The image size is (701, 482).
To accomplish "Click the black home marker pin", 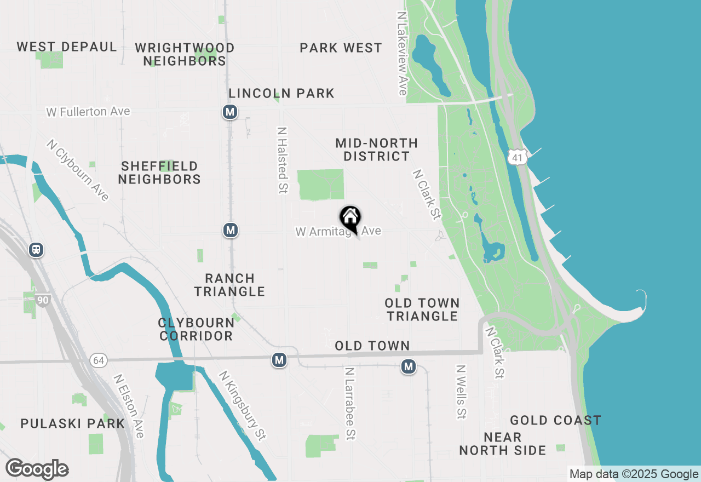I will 350,218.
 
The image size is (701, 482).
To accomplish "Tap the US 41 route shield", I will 517,157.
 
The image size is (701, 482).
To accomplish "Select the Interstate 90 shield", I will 44,300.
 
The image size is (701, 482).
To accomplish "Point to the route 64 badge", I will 99,360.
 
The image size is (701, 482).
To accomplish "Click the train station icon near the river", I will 36,250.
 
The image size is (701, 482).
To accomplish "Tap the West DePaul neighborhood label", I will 67,47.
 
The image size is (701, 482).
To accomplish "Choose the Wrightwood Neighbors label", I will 185,54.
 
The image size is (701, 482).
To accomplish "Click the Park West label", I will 341,48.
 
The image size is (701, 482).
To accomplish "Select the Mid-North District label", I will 376,150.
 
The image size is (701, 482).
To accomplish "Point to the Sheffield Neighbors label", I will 159,173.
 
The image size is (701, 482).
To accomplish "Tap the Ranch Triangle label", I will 229,285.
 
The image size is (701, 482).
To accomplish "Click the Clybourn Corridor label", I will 196,329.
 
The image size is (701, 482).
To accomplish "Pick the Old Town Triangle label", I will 422,309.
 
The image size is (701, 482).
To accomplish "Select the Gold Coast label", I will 555,420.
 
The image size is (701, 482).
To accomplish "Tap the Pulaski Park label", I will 73,423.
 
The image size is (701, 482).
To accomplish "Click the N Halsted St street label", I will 283,160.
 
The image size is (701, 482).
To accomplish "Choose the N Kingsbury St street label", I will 242,406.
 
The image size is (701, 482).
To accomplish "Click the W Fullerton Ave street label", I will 88,112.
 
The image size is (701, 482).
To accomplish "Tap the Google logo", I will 37,469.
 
